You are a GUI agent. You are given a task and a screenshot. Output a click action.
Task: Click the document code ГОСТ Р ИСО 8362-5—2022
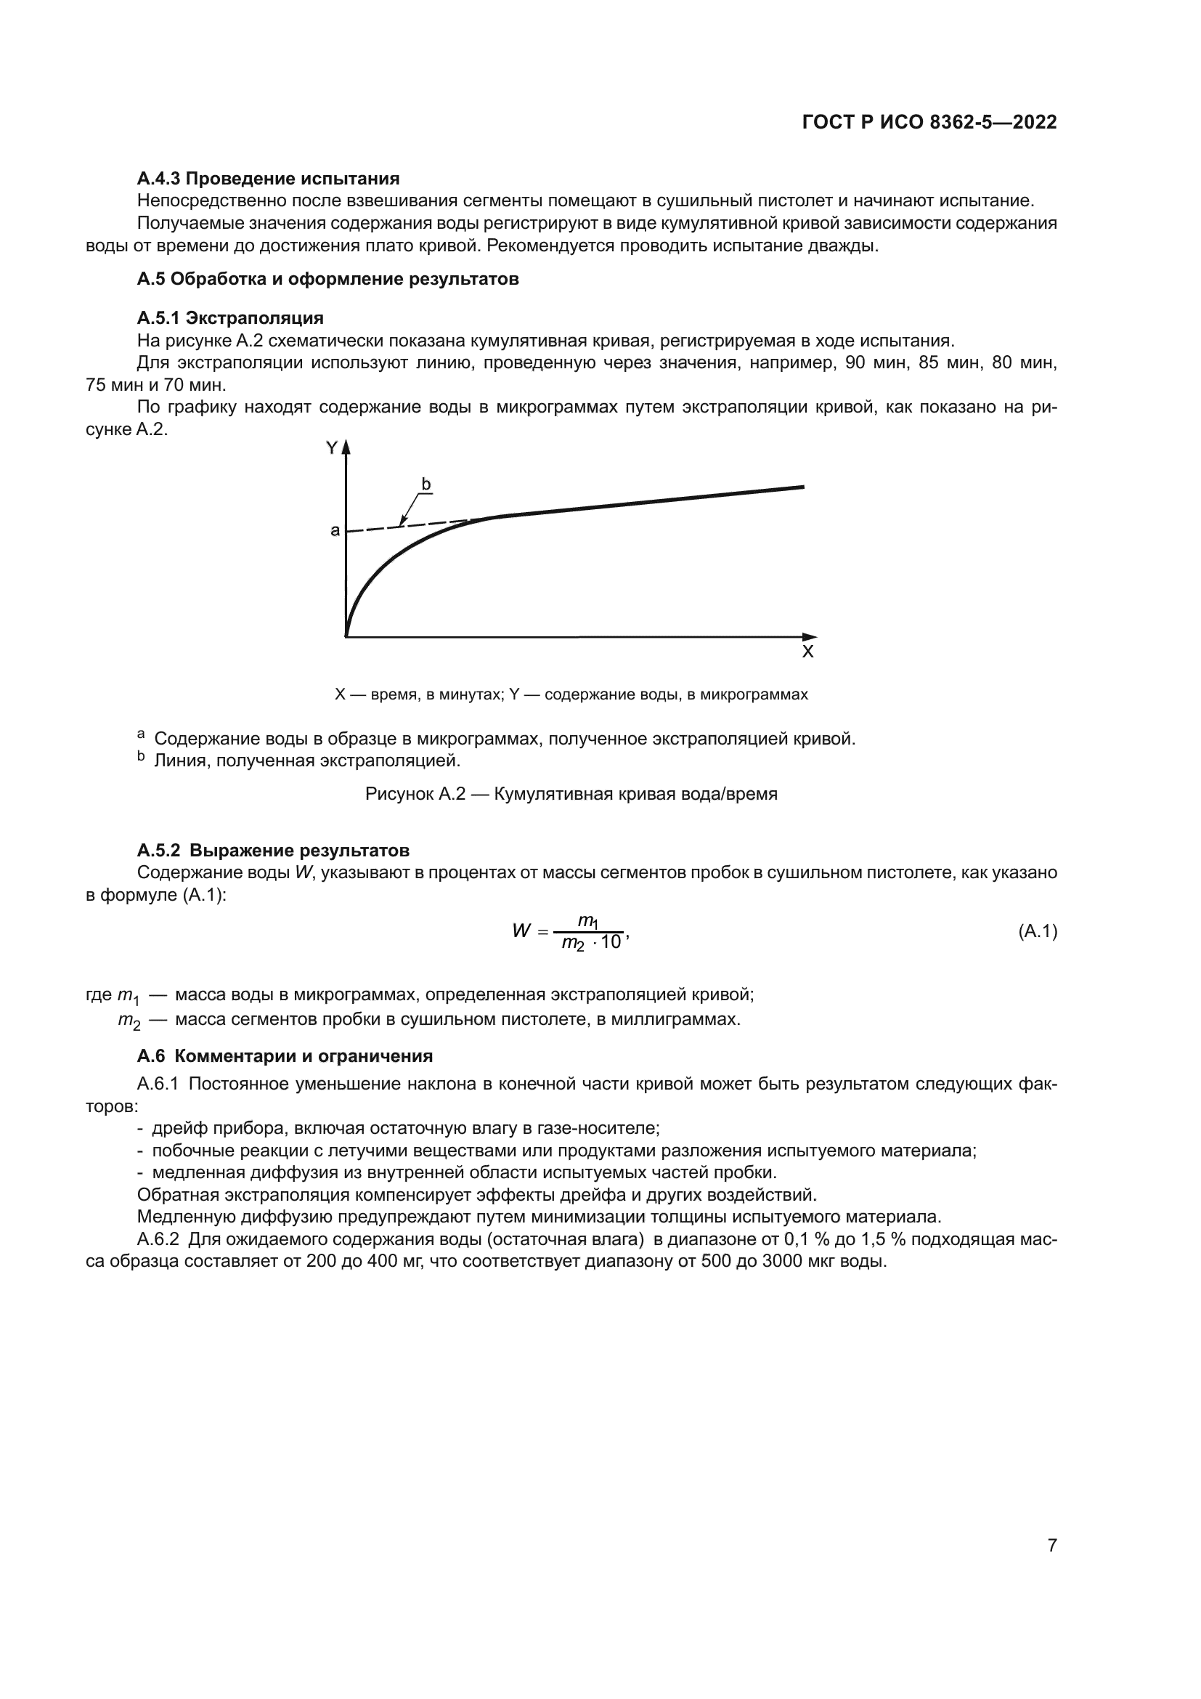929,123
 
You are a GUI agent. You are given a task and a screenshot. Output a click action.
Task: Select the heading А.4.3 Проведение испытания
268,179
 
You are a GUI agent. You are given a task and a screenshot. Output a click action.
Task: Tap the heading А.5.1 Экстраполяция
230,318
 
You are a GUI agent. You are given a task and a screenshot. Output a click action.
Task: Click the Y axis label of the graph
332,447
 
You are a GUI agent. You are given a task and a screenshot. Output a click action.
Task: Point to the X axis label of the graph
807,652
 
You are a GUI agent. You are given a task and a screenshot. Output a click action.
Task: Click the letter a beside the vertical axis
335,530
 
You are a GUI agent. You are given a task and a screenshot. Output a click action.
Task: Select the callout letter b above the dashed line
426,484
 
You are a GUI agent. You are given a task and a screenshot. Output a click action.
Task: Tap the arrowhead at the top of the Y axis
346,446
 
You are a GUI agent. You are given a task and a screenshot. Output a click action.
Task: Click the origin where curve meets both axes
346,636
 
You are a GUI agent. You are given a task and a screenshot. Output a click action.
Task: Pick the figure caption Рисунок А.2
571,794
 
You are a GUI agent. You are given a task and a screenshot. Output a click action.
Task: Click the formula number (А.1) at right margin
1038,932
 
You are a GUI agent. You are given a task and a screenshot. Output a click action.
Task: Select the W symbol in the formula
521,931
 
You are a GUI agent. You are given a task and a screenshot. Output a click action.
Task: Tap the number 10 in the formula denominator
611,943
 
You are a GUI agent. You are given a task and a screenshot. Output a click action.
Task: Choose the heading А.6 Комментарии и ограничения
285,1056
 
